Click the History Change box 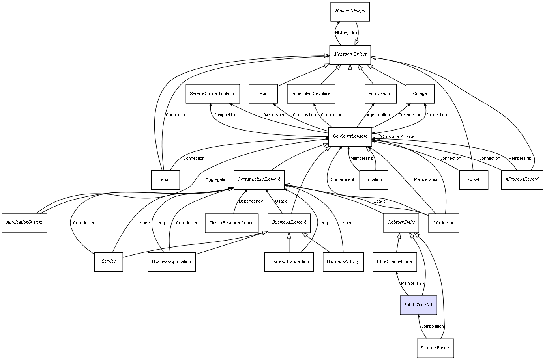[x=350, y=11]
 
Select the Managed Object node [x=350, y=54]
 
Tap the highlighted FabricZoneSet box [x=418, y=305]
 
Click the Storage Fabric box [x=435, y=348]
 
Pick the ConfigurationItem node [x=350, y=136]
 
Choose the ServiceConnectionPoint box [x=212, y=94]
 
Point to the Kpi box [x=263, y=94]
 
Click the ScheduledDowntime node [x=311, y=94]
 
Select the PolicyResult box [x=380, y=94]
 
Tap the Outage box [x=420, y=94]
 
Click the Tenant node [x=165, y=180]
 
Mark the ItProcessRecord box [x=522, y=179]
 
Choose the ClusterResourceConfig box [x=232, y=223]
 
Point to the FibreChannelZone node [x=394, y=262]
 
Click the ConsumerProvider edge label [x=398, y=137]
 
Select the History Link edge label [x=346, y=33]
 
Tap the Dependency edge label [x=251, y=201]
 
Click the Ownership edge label [x=273, y=115]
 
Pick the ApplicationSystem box [x=24, y=222]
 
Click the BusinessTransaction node [x=289, y=262]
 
